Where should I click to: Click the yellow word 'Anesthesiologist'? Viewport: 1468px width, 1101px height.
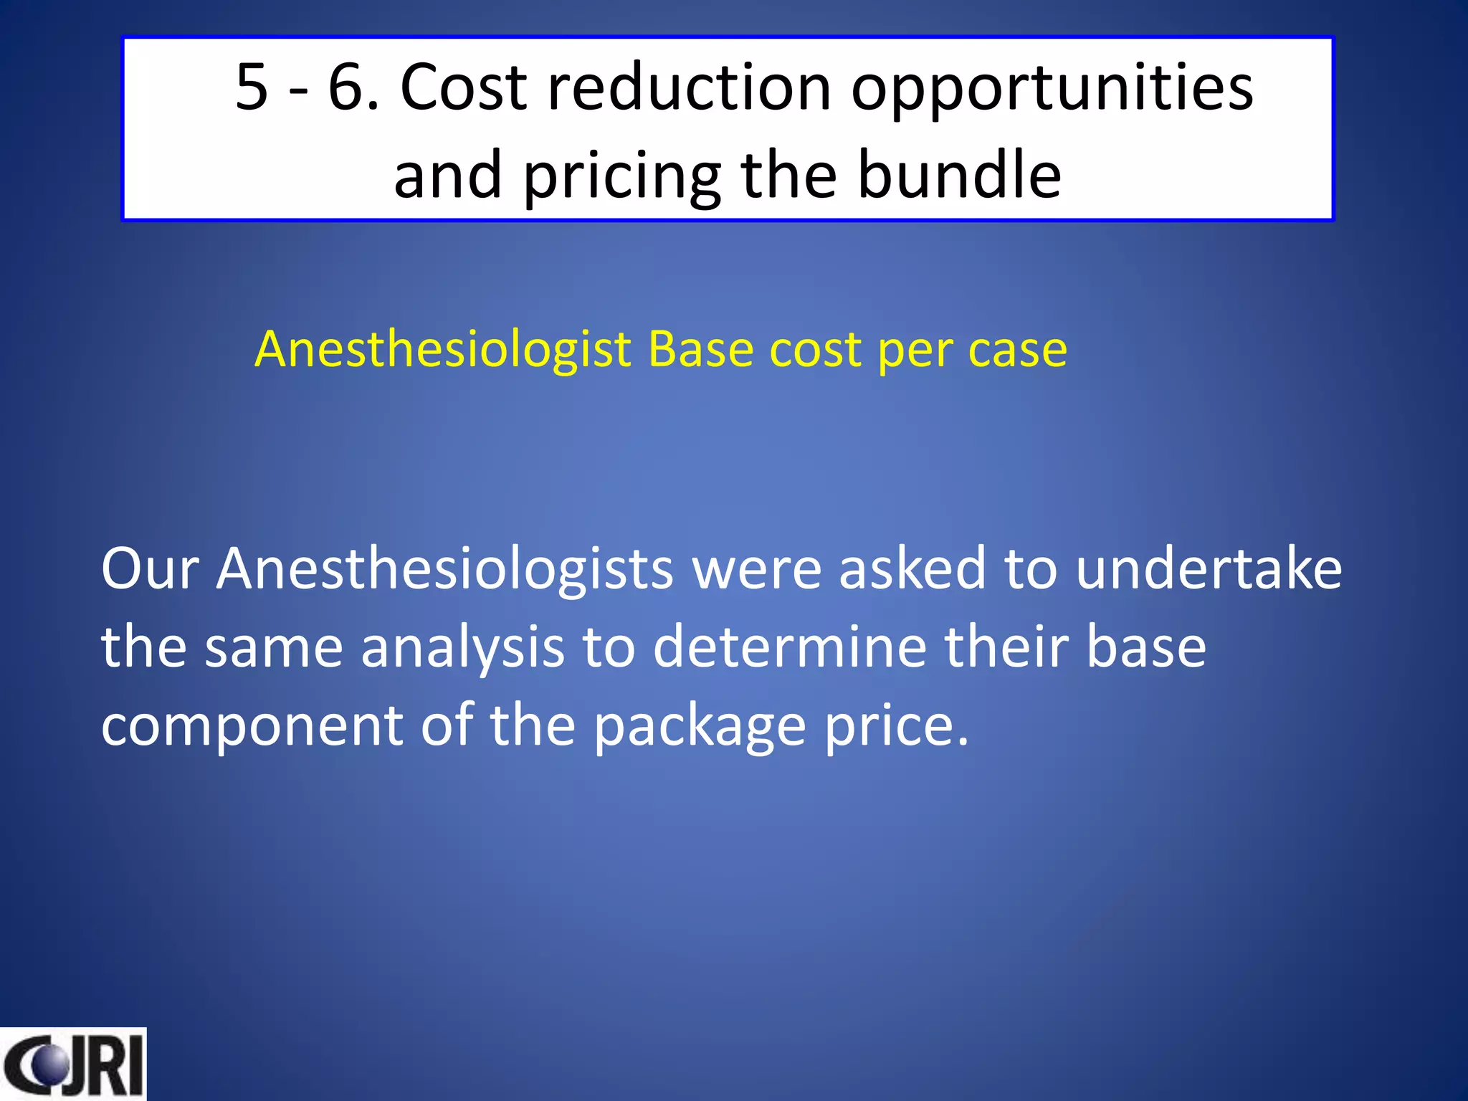pyautogui.click(x=443, y=351)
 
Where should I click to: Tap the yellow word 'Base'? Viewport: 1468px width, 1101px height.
pyautogui.click(x=700, y=349)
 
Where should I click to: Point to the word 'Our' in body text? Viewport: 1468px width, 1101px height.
pyautogui.click(x=150, y=568)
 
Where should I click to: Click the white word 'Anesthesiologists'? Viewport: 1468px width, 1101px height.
pyautogui.click(x=444, y=568)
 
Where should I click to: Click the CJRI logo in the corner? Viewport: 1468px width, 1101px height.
pyautogui.click(x=72, y=1064)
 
